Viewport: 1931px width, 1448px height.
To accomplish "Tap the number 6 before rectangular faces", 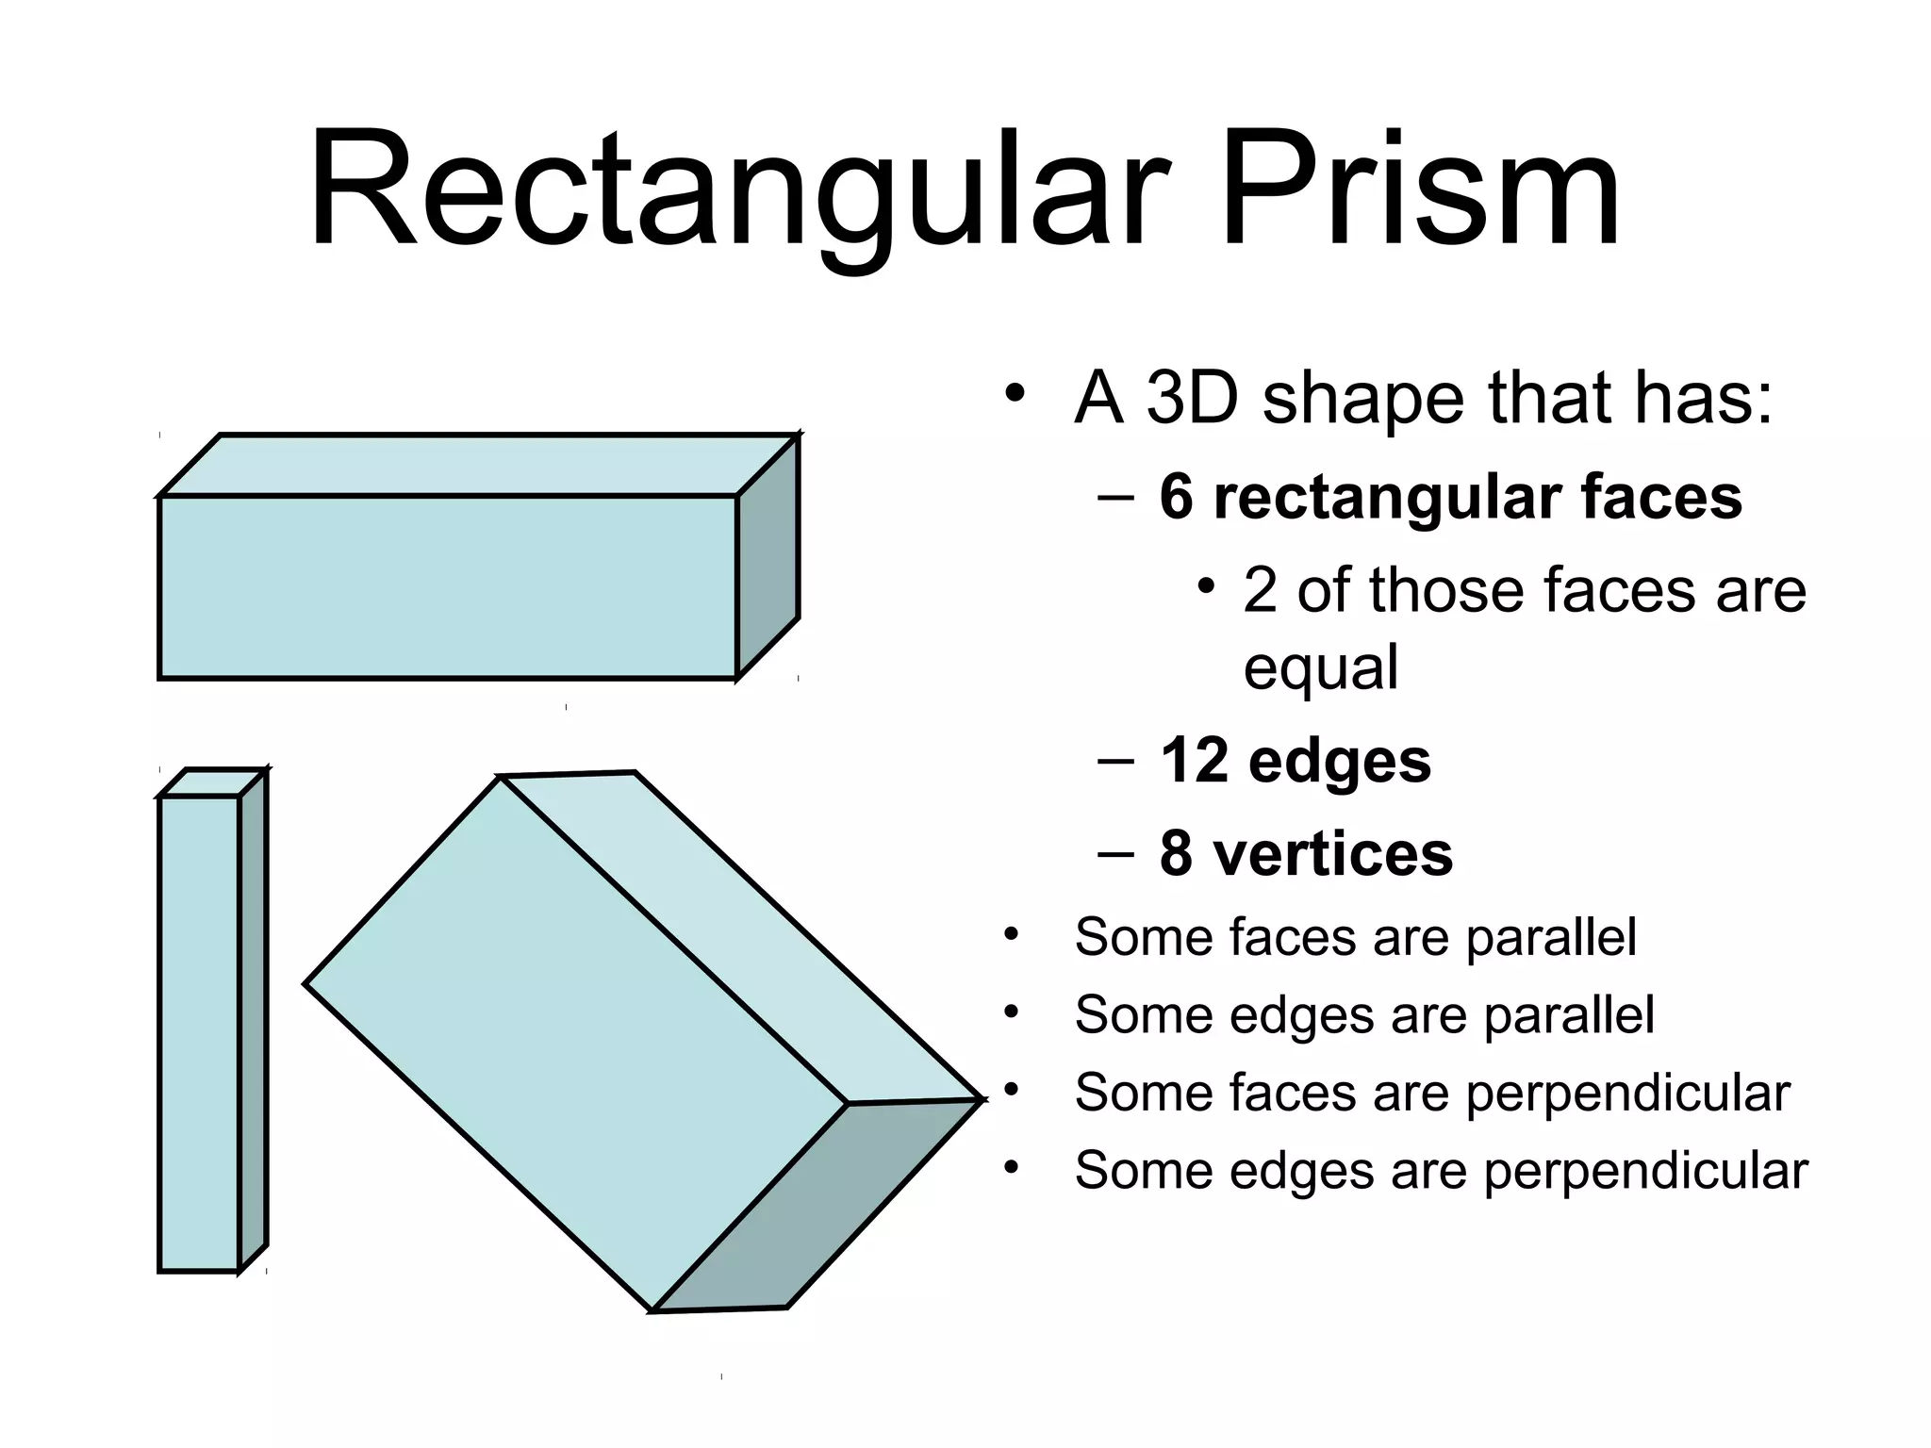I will [x=1176, y=497].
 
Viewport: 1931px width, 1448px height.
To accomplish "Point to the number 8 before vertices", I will [x=1176, y=853].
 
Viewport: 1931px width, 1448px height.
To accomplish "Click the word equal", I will [x=1320, y=667].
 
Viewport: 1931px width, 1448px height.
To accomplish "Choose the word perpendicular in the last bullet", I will [x=1645, y=1170].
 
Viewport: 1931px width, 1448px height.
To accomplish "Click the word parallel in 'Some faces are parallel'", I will [x=1551, y=937].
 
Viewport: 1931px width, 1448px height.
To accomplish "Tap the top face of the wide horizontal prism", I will [x=479, y=465].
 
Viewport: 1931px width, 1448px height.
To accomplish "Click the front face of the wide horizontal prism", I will [x=448, y=586].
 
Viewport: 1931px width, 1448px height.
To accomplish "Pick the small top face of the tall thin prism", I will [x=212, y=782].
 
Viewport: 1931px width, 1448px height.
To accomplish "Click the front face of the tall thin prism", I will [x=199, y=1033].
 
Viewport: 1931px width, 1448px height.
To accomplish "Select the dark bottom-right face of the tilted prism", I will [x=816, y=1207].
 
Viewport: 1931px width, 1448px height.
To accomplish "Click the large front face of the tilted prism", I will [x=575, y=1042].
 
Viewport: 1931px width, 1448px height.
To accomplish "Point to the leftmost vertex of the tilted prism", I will [x=305, y=984].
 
